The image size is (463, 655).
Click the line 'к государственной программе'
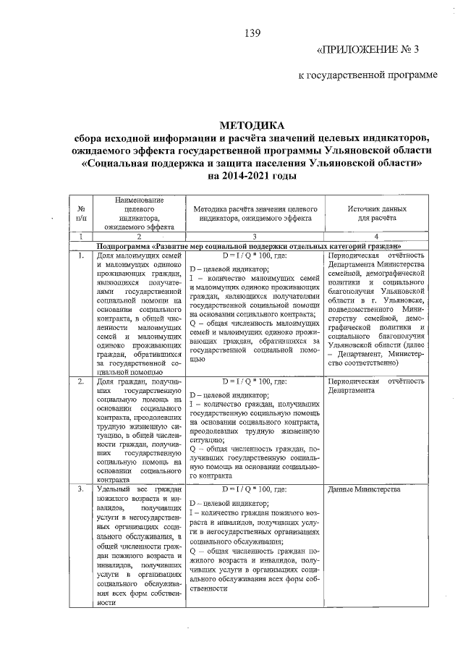pyautogui.click(x=369, y=75)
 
